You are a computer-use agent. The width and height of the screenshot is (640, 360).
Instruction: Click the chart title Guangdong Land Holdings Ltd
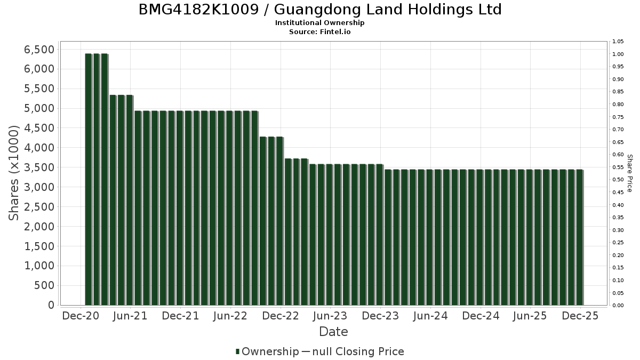[320, 10]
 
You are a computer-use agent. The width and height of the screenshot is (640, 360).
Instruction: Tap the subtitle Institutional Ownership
[320, 23]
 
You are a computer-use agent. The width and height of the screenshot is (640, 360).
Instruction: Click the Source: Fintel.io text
[320, 31]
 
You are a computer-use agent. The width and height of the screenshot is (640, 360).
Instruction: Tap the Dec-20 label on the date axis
[81, 316]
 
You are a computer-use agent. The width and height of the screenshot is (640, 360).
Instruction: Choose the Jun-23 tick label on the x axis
[330, 316]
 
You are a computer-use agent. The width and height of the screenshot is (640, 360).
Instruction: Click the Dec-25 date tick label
[580, 316]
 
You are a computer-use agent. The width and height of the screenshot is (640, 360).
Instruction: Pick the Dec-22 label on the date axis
[281, 316]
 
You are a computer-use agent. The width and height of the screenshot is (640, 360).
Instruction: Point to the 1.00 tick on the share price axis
[618, 54]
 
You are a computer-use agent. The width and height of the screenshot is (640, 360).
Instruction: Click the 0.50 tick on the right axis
[618, 180]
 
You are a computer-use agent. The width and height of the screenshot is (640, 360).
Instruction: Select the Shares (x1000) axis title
[14, 173]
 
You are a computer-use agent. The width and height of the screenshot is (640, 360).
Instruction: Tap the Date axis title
[333, 332]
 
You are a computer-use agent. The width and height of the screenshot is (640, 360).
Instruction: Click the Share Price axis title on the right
[629, 173]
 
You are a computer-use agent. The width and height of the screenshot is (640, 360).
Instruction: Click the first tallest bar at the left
[88, 179]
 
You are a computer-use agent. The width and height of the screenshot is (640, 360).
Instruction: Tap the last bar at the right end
[579, 237]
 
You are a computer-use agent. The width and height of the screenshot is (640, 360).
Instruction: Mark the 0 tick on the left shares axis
[51, 305]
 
